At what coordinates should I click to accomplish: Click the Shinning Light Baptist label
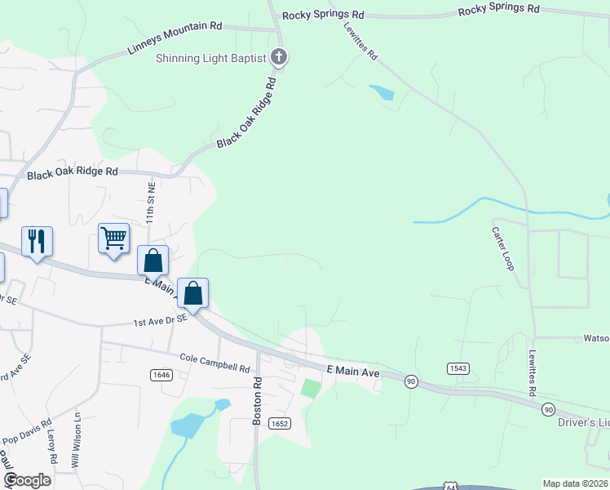[211, 58]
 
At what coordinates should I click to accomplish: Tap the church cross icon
[279, 57]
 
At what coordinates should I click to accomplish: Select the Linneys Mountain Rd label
[175, 38]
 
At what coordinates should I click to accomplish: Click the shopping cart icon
[113, 238]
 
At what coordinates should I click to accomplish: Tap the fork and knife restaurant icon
[37, 241]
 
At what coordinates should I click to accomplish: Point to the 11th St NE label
[151, 203]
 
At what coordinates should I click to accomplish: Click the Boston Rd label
[257, 400]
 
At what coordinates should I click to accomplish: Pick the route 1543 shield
[458, 369]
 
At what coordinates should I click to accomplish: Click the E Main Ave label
[354, 372]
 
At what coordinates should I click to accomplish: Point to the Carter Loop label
[501, 245]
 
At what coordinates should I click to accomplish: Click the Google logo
[28, 480]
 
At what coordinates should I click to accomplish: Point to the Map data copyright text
[575, 483]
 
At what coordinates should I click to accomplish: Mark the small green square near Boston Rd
[311, 387]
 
